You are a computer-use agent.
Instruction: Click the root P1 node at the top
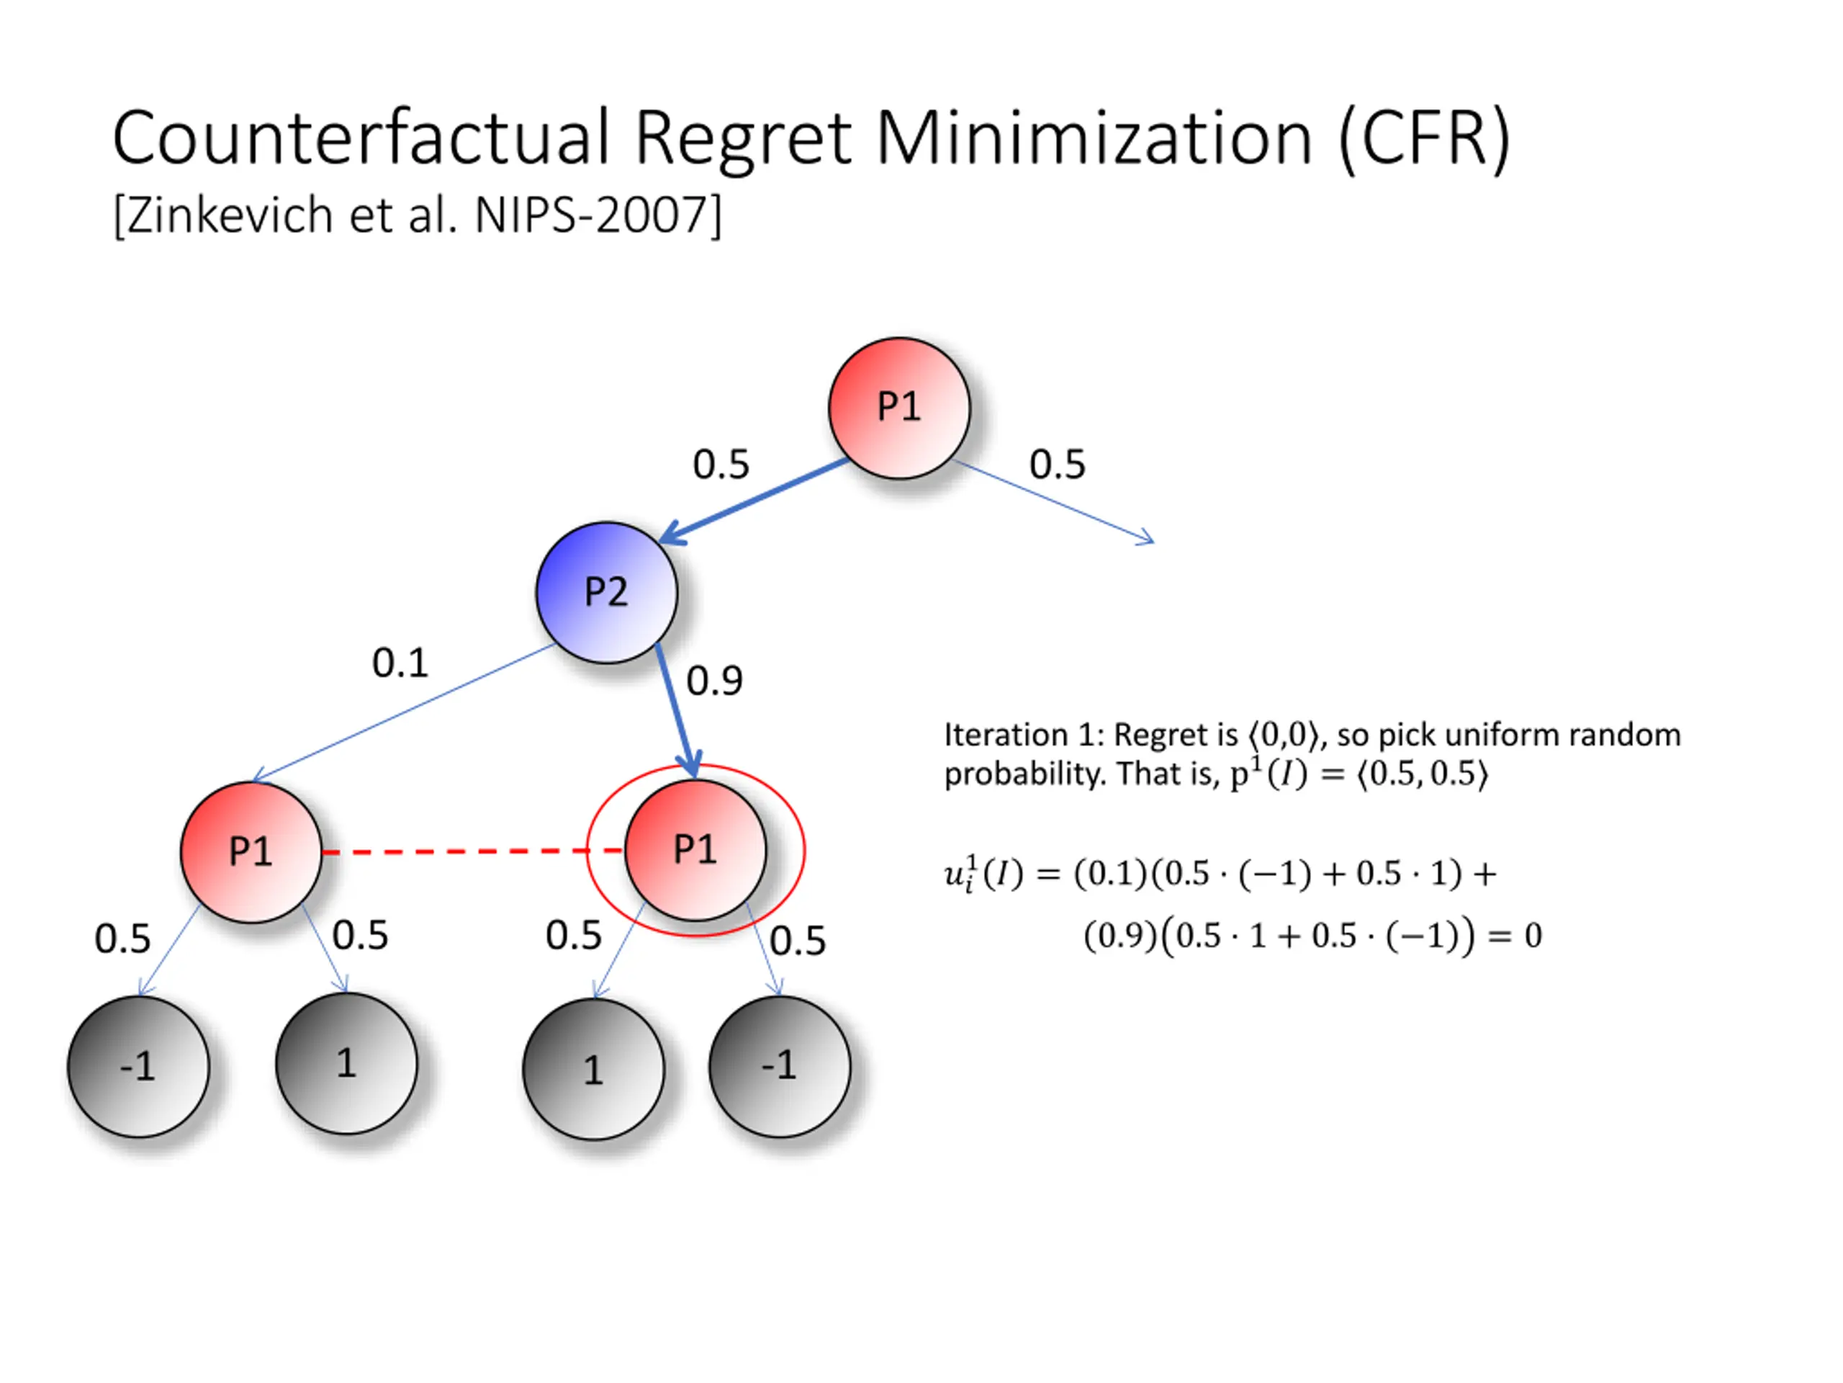coord(899,408)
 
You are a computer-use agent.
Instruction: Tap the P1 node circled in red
coord(695,850)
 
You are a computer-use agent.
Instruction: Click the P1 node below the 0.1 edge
coord(251,852)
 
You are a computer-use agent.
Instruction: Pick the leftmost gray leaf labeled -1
coord(138,1066)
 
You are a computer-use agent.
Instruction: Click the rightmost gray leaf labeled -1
coord(780,1066)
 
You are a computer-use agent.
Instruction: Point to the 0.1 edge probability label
coord(400,663)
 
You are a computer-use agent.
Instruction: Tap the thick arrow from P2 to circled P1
coord(676,709)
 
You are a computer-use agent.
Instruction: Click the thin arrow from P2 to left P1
coord(404,714)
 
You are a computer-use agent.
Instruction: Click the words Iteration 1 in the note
coord(1017,735)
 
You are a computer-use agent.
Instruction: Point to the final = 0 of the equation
coord(1515,936)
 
